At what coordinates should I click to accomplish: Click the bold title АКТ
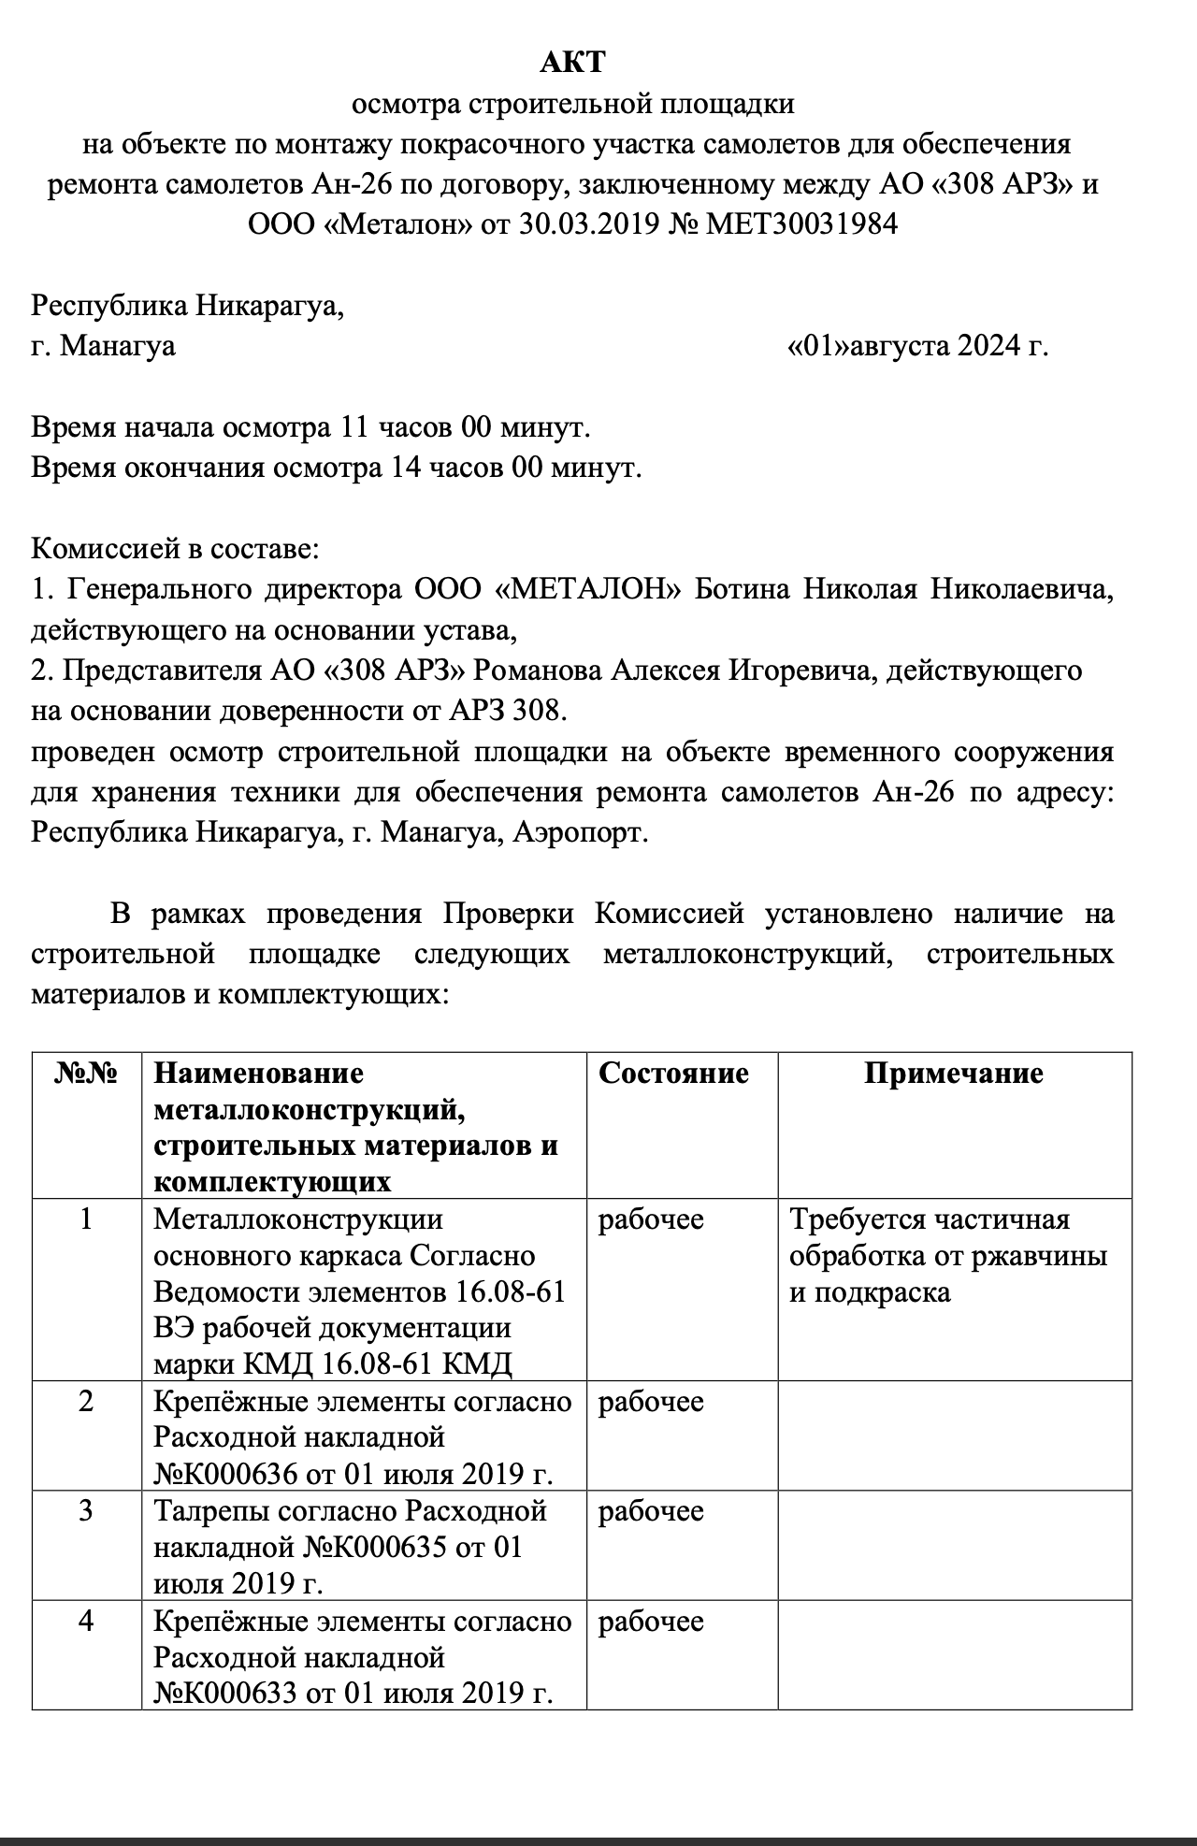point(572,63)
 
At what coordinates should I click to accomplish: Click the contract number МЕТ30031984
point(800,224)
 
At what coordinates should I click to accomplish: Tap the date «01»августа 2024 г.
point(918,347)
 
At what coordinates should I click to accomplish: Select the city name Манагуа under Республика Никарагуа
point(117,347)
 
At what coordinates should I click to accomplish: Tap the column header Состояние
point(673,1073)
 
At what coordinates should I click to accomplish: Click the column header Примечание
point(953,1073)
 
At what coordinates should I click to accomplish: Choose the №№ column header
point(86,1073)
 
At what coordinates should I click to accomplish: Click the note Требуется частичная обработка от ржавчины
point(946,1237)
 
